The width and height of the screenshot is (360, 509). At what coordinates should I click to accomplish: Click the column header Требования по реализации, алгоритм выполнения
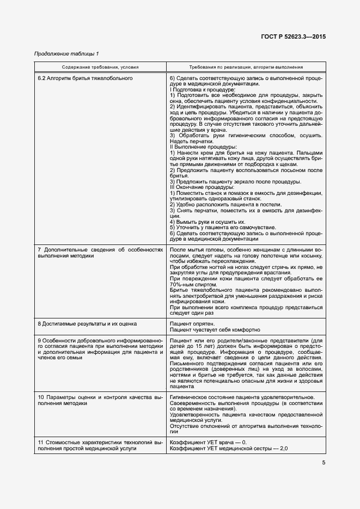[x=246, y=68]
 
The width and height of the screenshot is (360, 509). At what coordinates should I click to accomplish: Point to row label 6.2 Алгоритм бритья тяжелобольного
[x=85, y=78]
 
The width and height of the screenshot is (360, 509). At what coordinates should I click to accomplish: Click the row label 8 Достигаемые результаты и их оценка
[x=87, y=323]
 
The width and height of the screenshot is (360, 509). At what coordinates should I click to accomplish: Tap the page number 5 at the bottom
[x=324, y=463]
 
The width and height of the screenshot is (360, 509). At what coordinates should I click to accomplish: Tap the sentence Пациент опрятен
[x=188, y=323]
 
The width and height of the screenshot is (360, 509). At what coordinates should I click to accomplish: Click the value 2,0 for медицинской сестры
[x=283, y=448]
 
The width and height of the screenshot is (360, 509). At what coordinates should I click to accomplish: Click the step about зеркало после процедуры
[x=235, y=181]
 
